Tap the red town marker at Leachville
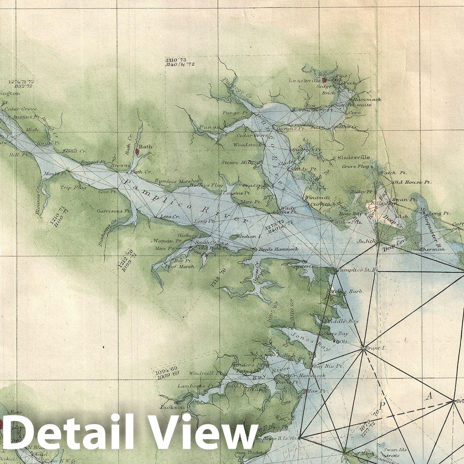tap(324, 80)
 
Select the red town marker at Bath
tap(137, 152)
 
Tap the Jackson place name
tap(172, 407)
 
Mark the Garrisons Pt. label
tap(113, 211)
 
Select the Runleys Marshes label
tap(177, 181)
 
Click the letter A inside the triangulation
tap(428, 397)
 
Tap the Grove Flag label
tap(355, 167)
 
